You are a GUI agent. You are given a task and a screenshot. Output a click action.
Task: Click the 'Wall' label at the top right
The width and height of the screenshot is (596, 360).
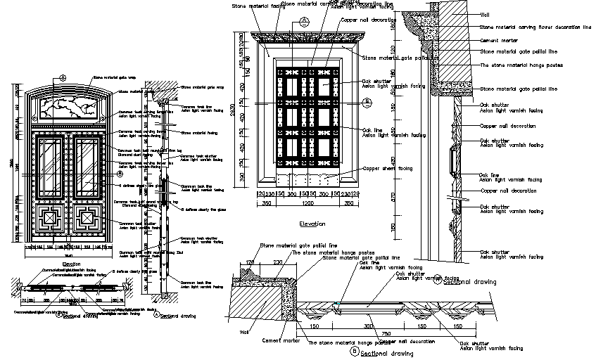point(485,14)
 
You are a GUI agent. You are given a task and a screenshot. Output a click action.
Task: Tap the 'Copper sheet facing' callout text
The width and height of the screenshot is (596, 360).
point(387,168)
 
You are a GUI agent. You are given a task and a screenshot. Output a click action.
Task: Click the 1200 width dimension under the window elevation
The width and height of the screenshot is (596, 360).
point(307,203)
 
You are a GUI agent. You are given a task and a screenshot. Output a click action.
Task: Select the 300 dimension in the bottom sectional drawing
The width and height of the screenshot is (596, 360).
point(368,326)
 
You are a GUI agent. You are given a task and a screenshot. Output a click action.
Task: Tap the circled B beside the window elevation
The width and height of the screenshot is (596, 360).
point(367,101)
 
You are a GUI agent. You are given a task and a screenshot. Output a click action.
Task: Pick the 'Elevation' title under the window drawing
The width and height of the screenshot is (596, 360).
point(312,224)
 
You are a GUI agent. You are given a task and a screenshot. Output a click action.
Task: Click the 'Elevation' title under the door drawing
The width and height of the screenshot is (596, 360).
point(72,264)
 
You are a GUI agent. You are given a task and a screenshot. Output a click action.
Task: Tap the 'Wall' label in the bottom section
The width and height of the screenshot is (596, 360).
point(246,332)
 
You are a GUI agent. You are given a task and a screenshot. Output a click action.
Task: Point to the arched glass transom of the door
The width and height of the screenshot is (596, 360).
point(69,107)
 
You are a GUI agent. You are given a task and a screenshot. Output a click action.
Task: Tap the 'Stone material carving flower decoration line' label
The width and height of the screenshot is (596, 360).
point(535,27)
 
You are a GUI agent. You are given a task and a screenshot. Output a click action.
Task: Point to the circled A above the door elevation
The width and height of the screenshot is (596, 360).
point(63,77)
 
